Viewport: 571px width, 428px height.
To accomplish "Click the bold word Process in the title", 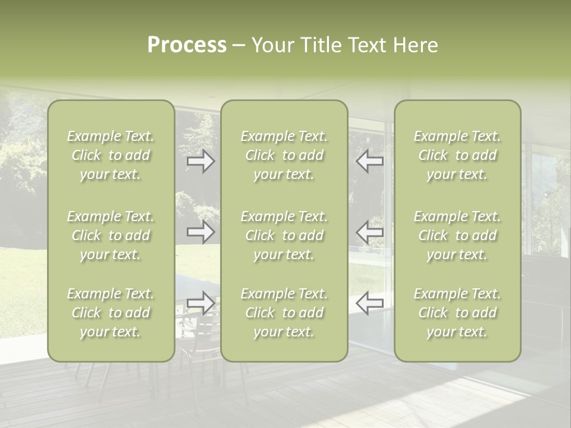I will [187, 45].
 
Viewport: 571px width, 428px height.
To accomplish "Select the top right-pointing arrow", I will [201, 161].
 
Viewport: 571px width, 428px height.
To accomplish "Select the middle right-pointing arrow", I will [201, 232].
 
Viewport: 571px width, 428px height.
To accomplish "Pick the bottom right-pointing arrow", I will [201, 303].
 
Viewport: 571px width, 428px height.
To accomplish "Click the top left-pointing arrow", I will [369, 161].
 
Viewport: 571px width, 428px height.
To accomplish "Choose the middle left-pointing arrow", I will [369, 232].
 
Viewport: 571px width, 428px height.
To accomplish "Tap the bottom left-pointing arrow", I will [369, 303].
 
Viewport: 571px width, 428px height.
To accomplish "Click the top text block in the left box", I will [111, 155].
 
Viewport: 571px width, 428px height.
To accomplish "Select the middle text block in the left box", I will [111, 235].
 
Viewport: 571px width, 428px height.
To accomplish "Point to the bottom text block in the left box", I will [111, 313].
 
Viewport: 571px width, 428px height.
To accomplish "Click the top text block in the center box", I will [284, 155].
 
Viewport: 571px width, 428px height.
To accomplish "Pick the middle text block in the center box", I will [284, 235].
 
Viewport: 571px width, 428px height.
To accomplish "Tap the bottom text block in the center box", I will [284, 313].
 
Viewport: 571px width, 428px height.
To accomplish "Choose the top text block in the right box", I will [457, 155].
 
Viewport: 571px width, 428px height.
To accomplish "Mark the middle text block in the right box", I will [457, 235].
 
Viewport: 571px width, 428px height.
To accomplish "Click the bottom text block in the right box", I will [457, 313].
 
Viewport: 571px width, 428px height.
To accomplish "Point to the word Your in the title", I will [274, 45].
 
